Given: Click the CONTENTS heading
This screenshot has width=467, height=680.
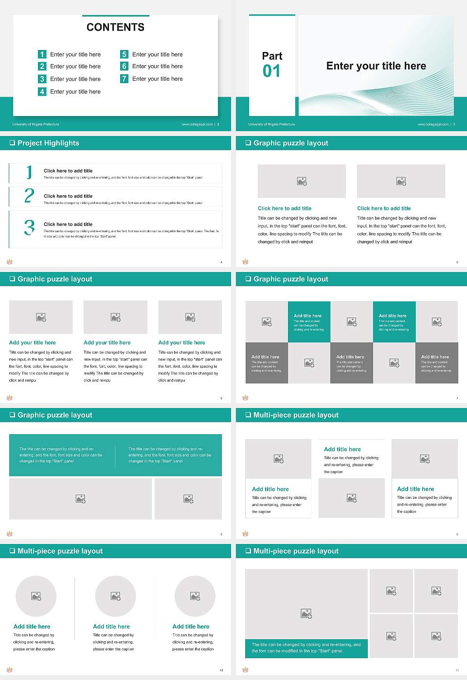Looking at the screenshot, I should tap(115, 27).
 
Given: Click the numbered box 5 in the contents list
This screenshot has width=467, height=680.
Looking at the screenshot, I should tap(124, 54).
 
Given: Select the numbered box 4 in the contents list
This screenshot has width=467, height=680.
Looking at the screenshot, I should tap(42, 91).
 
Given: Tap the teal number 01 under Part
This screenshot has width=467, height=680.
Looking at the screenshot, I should tap(271, 71).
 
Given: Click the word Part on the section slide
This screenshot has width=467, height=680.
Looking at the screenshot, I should tap(272, 56).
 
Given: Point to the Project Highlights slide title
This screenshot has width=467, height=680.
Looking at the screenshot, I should tap(48, 143).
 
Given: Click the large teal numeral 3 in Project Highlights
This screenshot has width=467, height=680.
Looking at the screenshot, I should tap(29, 227).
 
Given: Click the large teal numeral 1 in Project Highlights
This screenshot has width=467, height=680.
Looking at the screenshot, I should tap(29, 172).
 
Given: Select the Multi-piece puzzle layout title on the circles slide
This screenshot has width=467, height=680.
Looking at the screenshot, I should tap(60, 551).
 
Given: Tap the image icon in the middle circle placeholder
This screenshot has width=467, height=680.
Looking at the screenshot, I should tap(115, 596).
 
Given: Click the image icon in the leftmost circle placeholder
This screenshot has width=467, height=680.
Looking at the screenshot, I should tap(36, 596).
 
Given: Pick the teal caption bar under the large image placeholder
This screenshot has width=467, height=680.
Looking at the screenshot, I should tap(306, 648).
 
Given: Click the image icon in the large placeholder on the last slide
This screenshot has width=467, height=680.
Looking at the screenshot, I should tap(306, 614).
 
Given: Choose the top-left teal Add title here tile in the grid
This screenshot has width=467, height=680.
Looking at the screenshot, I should tap(309, 322).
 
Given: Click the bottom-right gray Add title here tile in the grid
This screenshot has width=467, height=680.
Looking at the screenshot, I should tap(436, 363).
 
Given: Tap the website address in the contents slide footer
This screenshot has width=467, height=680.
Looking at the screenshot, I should tap(197, 124).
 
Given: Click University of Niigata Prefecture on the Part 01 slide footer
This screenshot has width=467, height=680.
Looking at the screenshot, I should tap(271, 124).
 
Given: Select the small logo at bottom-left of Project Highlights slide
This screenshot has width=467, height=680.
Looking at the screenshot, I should tap(9, 262).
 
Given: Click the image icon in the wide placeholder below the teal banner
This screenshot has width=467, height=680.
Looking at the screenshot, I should tap(81, 499).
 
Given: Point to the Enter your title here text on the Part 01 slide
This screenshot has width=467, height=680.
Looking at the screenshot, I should tap(376, 66).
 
